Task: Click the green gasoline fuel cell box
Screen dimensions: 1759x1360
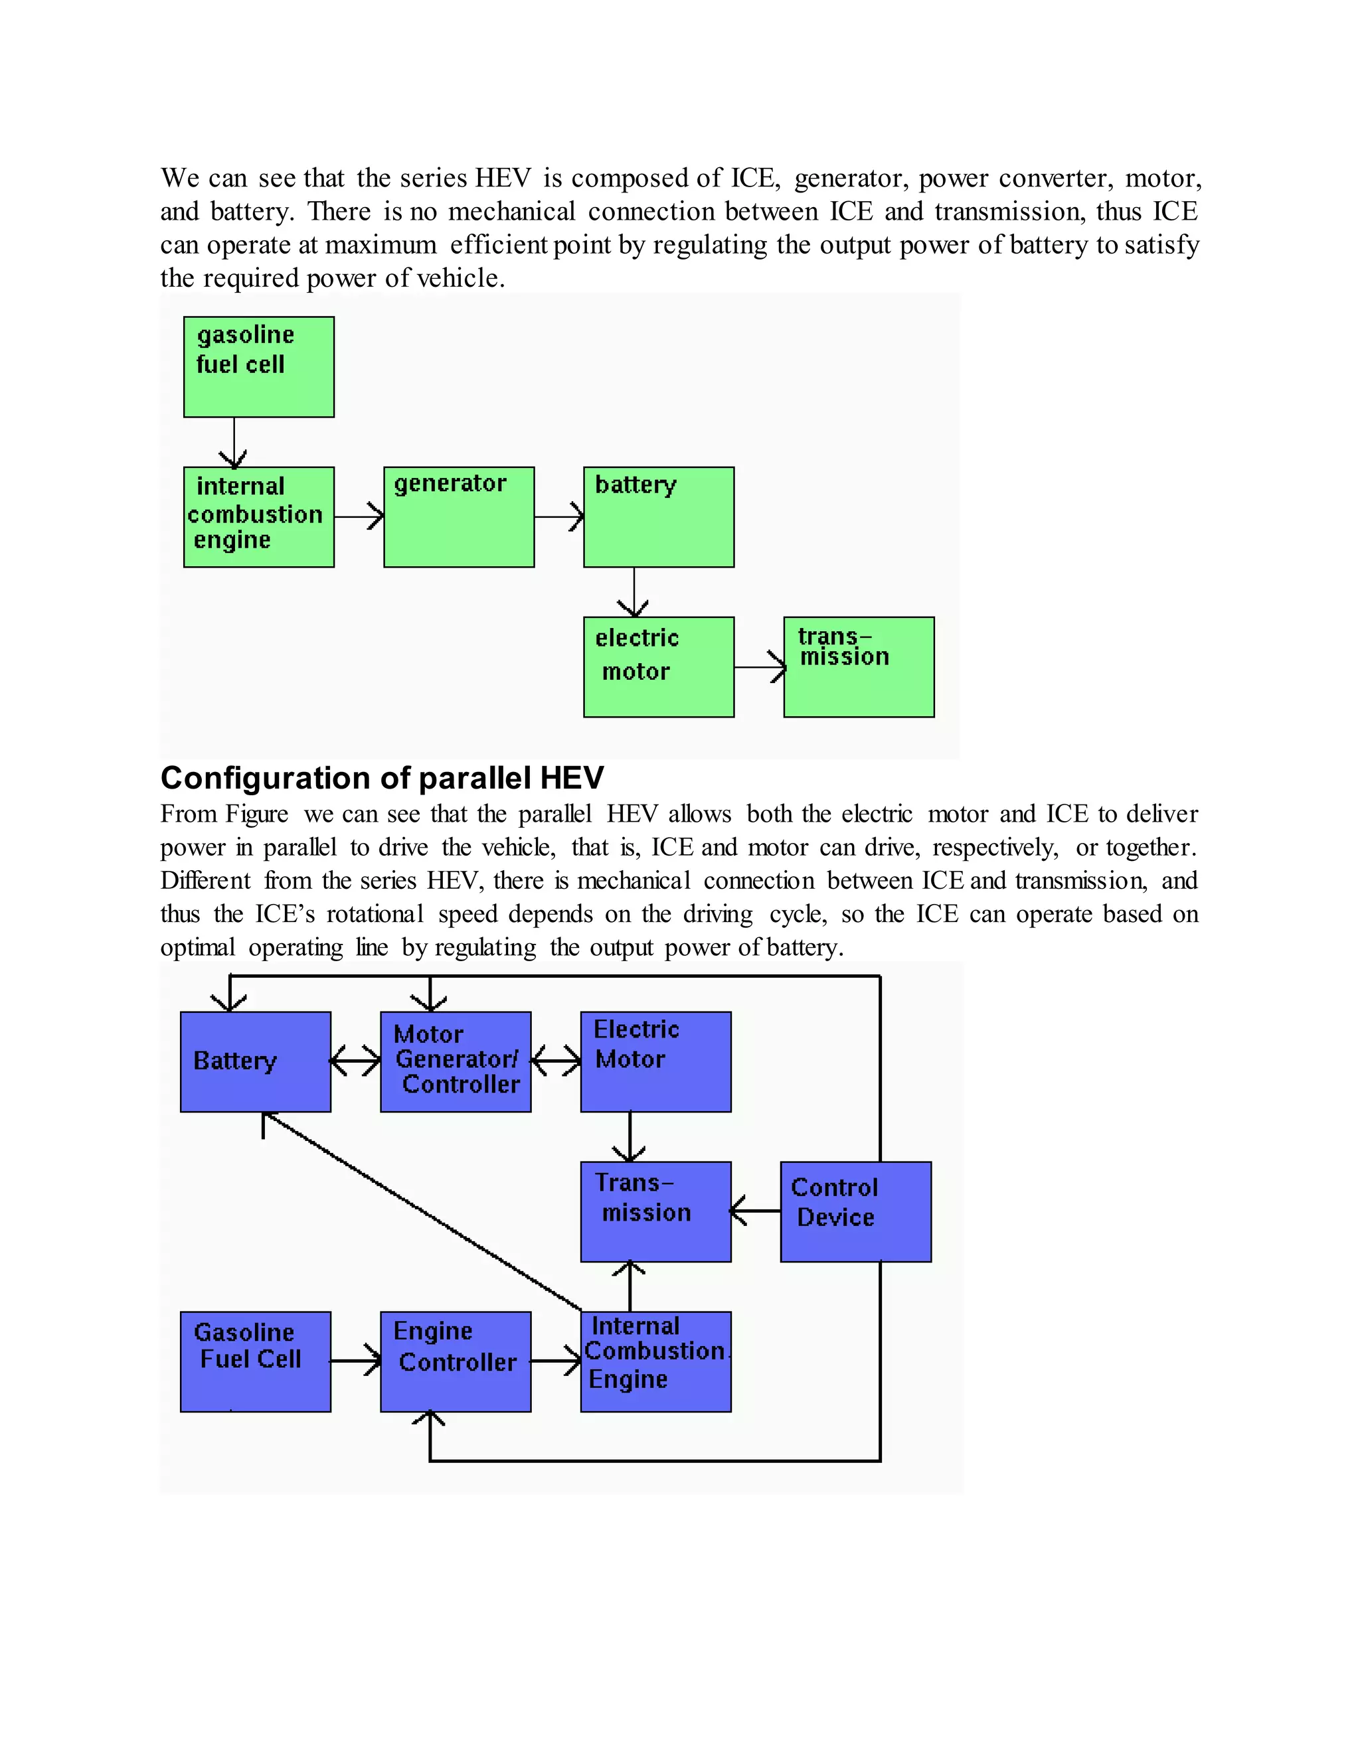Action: tap(258, 366)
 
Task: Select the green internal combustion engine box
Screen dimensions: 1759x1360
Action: tap(258, 517)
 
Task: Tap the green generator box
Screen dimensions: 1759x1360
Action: tap(458, 517)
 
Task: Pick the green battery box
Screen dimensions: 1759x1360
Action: tap(658, 517)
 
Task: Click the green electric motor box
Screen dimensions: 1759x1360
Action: tap(658, 667)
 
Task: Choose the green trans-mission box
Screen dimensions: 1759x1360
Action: tap(859, 667)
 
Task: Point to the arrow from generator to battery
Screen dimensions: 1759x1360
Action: tap(559, 516)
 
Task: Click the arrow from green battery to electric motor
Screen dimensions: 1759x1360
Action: tap(634, 592)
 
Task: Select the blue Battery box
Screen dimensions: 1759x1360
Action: tap(256, 1061)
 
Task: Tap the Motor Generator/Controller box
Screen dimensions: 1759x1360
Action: tap(455, 1061)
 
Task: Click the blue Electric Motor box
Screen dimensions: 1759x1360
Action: tap(656, 1061)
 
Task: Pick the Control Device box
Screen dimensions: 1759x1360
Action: tap(855, 1211)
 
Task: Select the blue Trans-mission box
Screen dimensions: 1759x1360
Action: tap(656, 1211)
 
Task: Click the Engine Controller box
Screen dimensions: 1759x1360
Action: tap(455, 1361)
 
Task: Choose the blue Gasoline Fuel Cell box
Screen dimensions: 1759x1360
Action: tap(256, 1361)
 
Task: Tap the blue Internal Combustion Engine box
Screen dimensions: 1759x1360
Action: tap(656, 1361)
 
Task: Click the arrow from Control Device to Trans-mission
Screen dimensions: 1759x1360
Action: tap(756, 1211)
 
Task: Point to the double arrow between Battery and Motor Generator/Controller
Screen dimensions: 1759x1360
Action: tap(355, 1061)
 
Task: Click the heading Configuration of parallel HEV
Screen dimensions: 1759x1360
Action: tap(382, 778)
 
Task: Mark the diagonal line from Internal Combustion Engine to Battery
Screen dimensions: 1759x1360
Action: tap(423, 1211)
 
